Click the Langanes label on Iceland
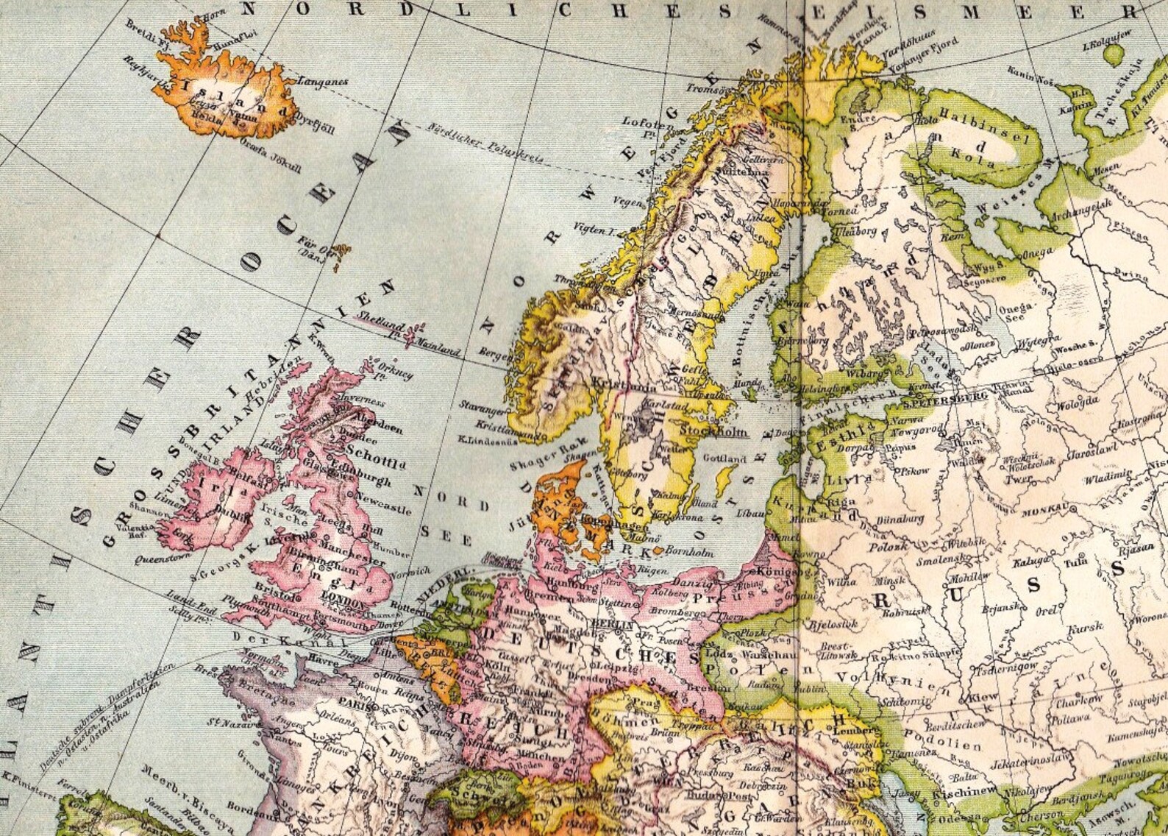321,82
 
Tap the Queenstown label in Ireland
158,559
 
